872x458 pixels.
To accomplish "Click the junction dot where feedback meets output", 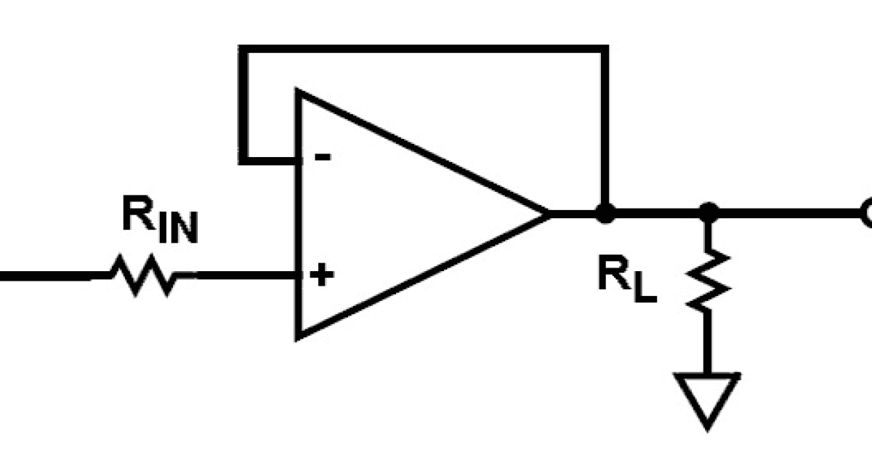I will (x=604, y=214).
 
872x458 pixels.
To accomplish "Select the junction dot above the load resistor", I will (x=708, y=214).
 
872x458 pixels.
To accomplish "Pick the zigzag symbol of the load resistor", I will (x=708, y=280).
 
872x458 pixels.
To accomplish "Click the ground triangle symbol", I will (x=708, y=396).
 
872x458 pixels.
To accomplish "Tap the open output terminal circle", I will (x=866, y=214).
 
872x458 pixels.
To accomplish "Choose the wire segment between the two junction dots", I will (x=656, y=214).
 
